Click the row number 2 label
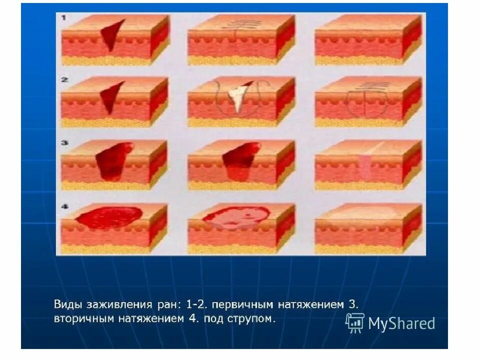[x=64, y=79]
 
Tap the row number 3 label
[x=64, y=142]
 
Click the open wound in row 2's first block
[x=111, y=97]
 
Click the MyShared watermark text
[x=401, y=324]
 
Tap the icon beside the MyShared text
[x=355, y=323]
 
